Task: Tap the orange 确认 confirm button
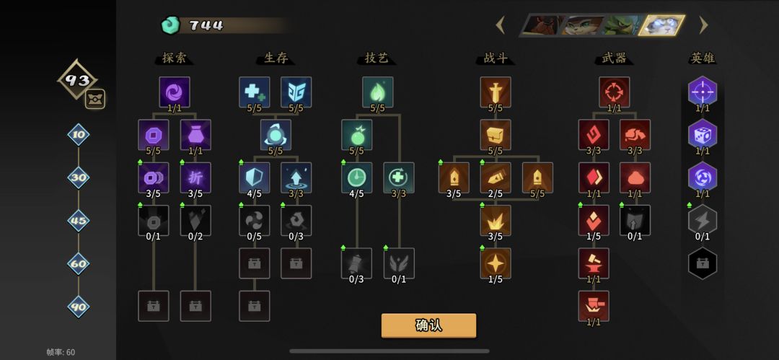(x=428, y=325)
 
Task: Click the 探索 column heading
(x=175, y=58)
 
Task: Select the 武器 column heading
(x=614, y=58)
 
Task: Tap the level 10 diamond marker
(x=79, y=135)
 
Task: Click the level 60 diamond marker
(x=79, y=263)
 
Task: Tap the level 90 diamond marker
(x=79, y=307)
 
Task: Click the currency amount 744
(x=206, y=25)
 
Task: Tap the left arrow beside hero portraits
(x=501, y=25)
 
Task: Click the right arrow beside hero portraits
(x=703, y=25)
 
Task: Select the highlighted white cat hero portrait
(x=662, y=25)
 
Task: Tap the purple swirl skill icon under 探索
(x=175, y=92)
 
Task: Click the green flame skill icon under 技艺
(x=377, y=92)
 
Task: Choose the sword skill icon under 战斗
(x=496, y=92)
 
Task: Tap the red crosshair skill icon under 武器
(x=614, y=92)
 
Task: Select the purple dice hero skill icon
(x=703, y=134)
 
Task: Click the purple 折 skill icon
(x=195, y=177)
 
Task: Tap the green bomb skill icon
(x=357, y=135)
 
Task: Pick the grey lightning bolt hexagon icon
(x=703, y=220)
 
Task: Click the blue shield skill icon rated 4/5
(x=255, y=177)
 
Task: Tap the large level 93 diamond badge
(x=77, y=79)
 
